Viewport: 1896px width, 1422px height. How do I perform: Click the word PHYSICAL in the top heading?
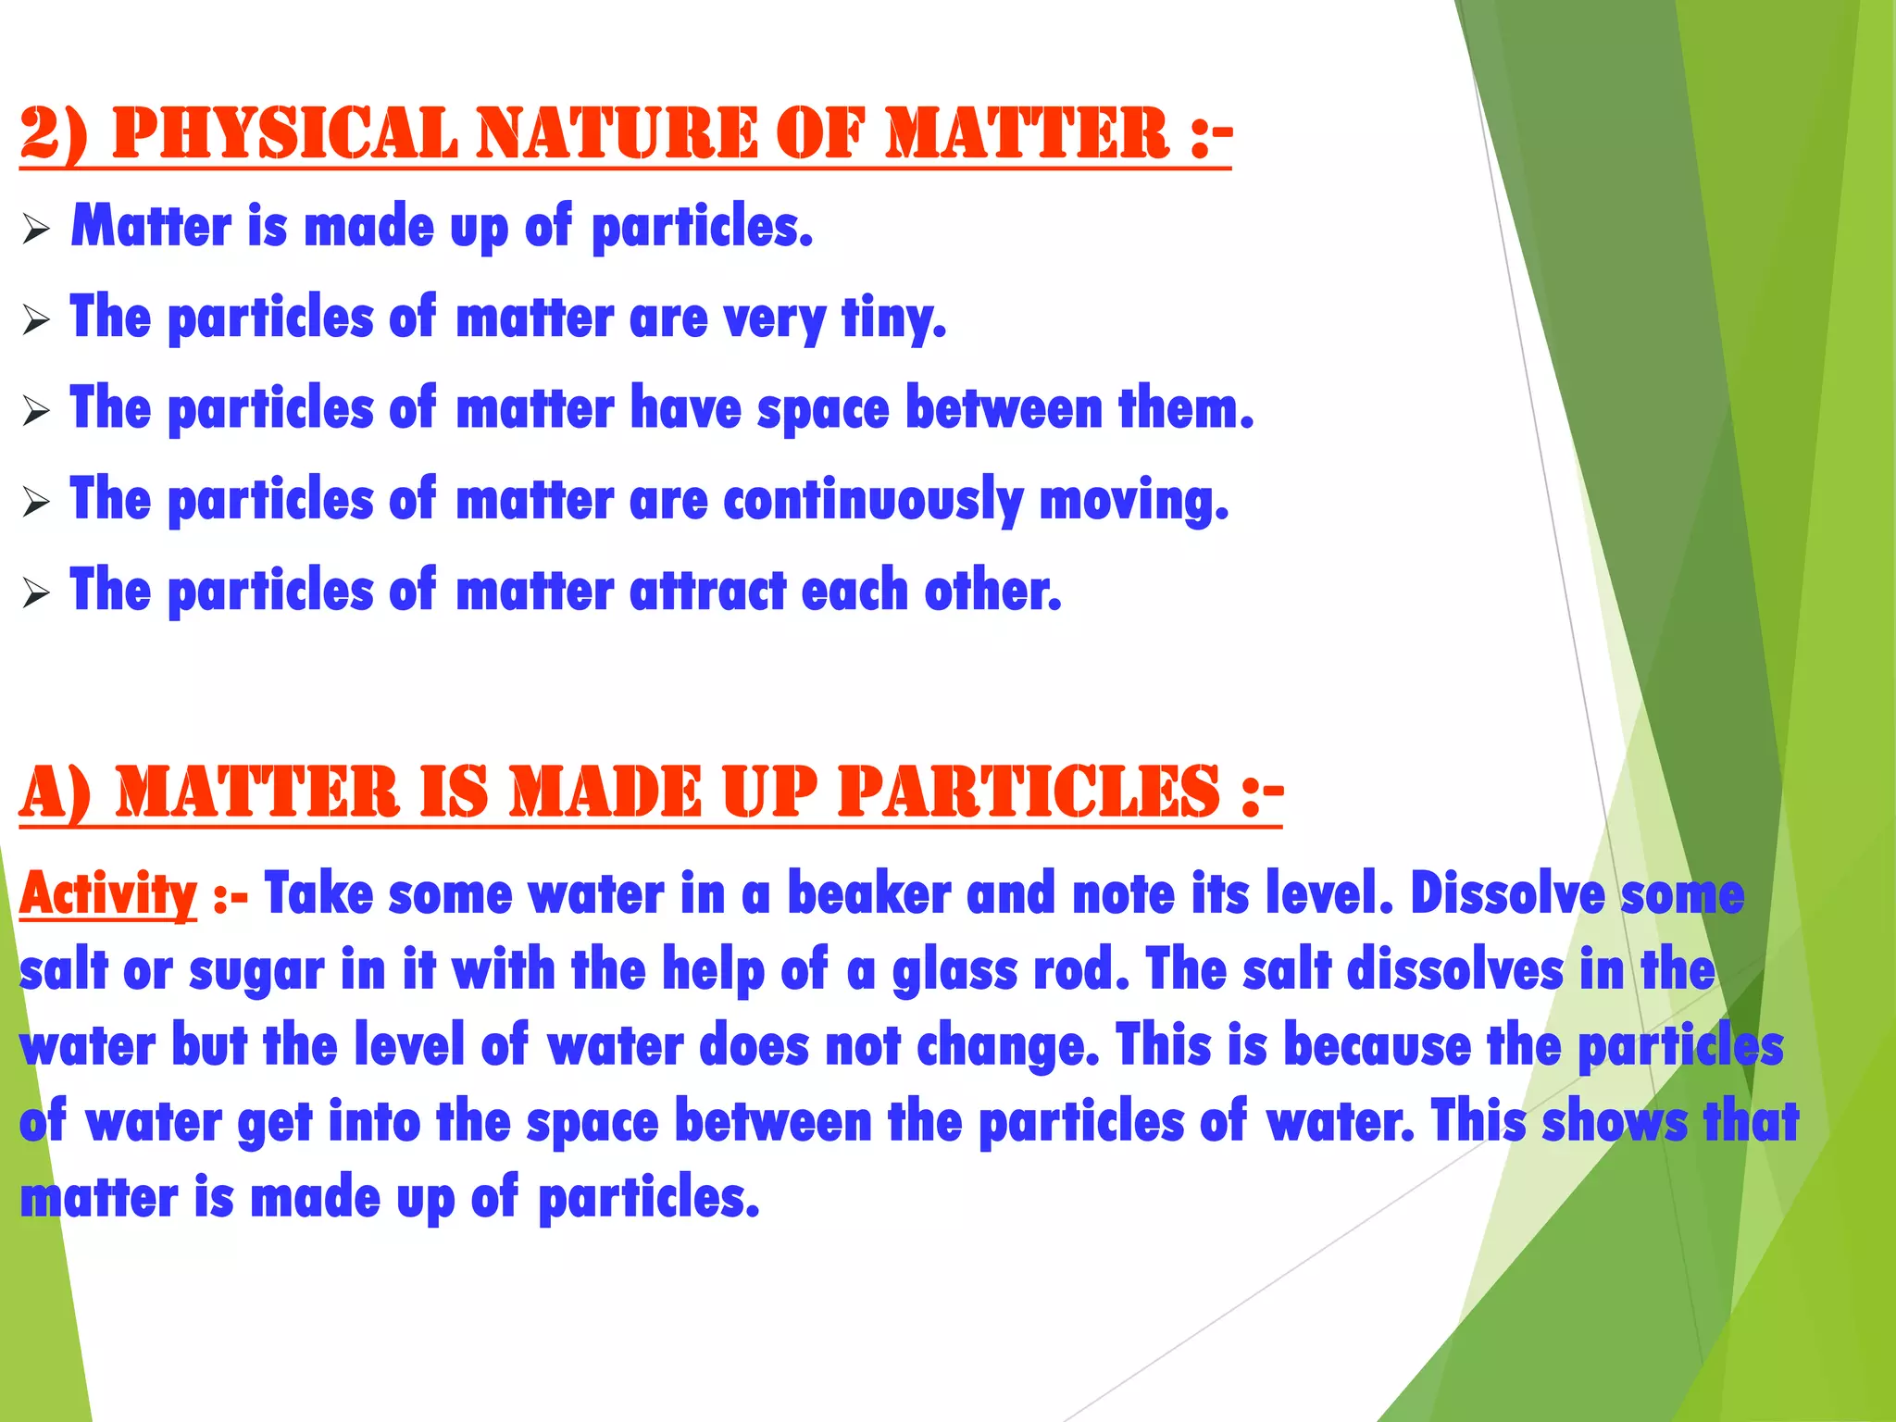click(284, 134)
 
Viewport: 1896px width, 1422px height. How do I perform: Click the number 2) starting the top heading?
click(54, 134)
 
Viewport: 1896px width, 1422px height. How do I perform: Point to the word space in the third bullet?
click(823, 408)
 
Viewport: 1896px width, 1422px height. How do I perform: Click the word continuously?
click(873, 500)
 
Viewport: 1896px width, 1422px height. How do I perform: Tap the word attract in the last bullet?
click(707, 591)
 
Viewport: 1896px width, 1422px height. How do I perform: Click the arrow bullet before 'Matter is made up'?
click(36, 229)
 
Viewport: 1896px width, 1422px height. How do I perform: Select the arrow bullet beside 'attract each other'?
click(36, 592)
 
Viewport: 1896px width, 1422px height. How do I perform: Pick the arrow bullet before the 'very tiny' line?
click(36, 320)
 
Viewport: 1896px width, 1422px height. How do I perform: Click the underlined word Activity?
click(108, 895)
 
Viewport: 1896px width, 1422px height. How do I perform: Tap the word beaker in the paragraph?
click(869, 895)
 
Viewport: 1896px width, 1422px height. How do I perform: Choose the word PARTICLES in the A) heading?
click(1029, 793)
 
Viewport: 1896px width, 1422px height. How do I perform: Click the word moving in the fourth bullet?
click(1134, 500)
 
